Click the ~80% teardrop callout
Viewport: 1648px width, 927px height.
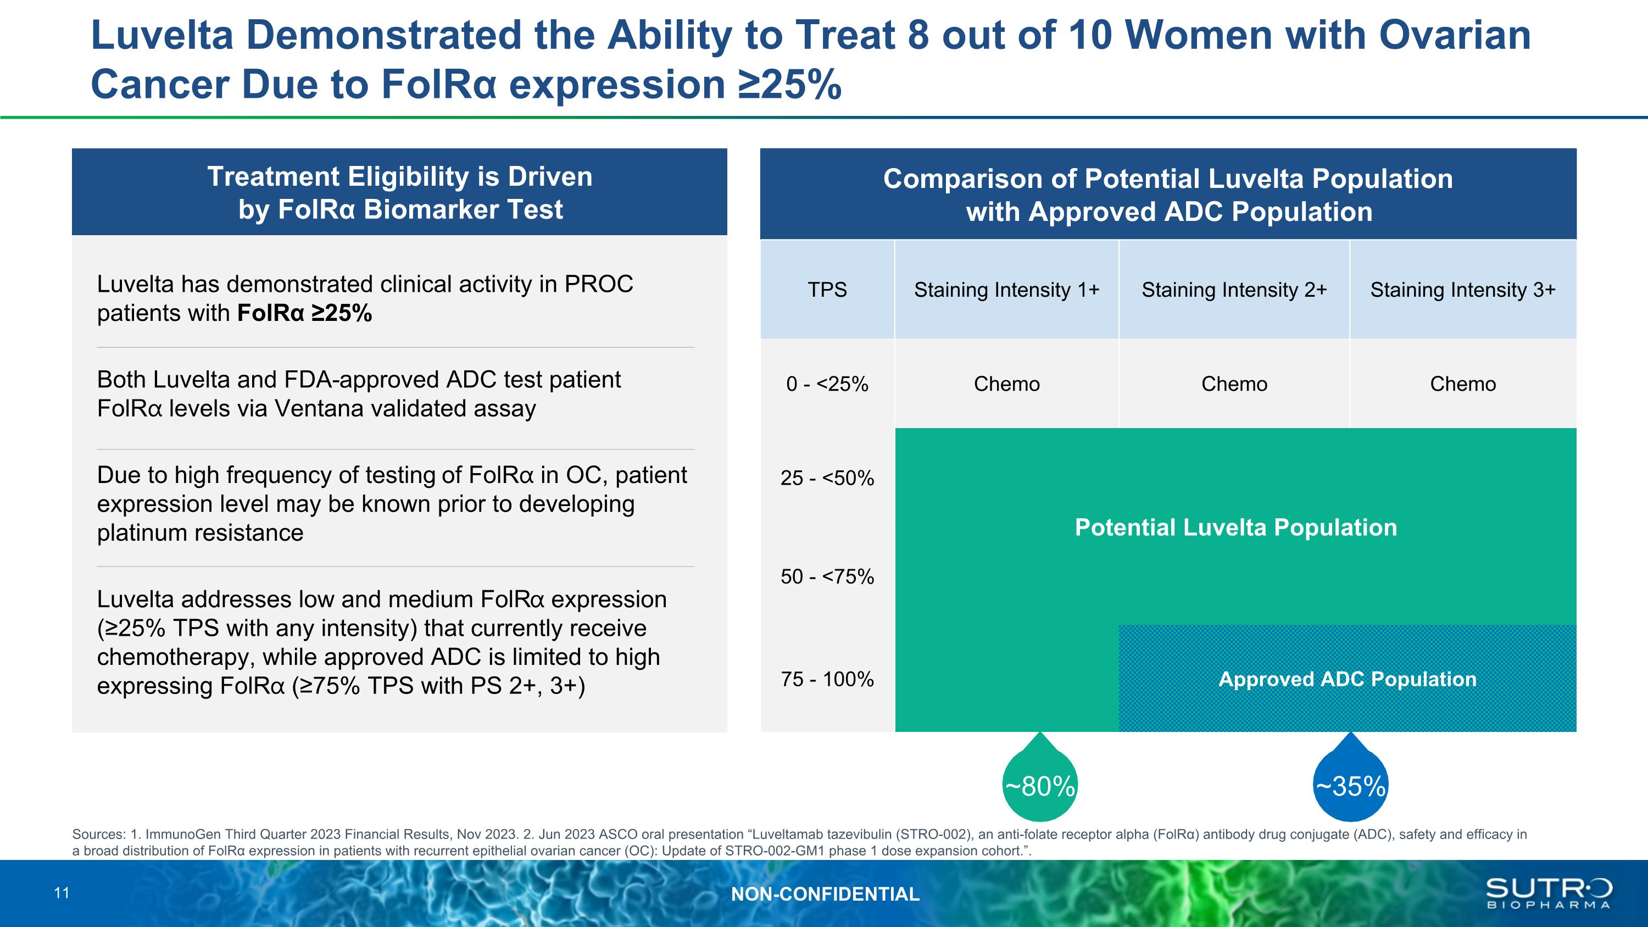tap(1039, 786)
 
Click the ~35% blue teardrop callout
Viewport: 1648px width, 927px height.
tap(1350, 786)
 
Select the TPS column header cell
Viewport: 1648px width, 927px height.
tap(827, 290)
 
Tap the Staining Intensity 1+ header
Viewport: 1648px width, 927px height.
tap(1006, 290)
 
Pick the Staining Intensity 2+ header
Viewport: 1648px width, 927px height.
tap(1234, 290)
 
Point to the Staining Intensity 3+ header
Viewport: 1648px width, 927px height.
tap(1462, 290)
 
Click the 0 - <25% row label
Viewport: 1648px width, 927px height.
tap(827, 384)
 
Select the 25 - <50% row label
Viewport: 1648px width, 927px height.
tap(827, 478)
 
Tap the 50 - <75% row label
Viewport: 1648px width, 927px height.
tap(827, 576)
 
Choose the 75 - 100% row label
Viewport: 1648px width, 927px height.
tap(827, 679)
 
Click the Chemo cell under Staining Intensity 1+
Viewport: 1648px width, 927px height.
tap(1006, 384)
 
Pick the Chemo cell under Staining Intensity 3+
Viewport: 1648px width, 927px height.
tap(1462, 384)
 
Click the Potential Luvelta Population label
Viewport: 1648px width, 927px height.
tap(1235, 527)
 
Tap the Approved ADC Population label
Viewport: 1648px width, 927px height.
tap(1348, 679)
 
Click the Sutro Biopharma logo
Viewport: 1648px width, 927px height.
tap(1548, 892)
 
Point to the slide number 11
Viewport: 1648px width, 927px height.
tap(62, 893)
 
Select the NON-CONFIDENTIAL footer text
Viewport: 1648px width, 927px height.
tap(825, 893)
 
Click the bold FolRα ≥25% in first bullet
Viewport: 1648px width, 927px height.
tap(304, 313)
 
